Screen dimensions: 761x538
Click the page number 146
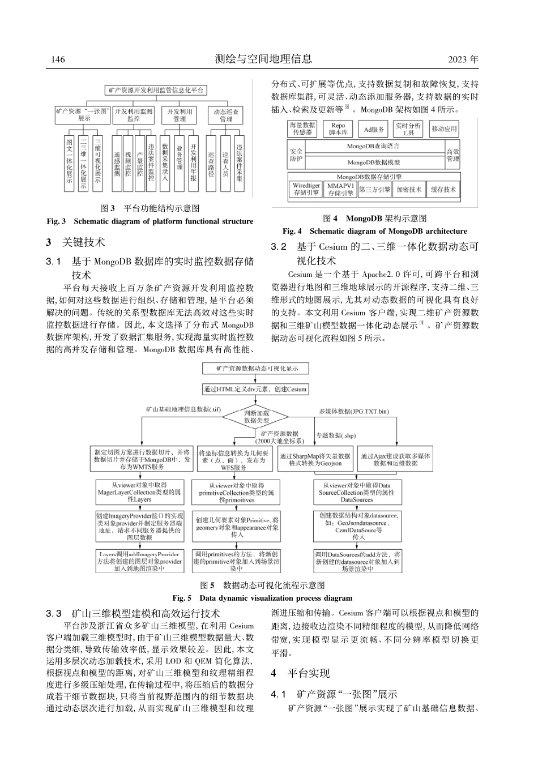[x=58, y=59]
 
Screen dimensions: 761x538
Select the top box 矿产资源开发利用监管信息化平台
[x=156, y=90]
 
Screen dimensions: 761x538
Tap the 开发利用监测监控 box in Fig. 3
[x=133, y=116]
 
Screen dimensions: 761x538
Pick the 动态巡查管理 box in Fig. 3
[x=226, y=116]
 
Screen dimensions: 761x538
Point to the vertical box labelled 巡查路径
[x=211, y=164]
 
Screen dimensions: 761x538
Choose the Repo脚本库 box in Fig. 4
[x=338, y=129]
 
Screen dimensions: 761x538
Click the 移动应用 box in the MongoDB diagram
[x=444, y=129]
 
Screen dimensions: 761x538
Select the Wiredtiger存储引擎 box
[x=306, y=189]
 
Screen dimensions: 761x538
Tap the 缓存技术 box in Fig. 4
[x=443, y=190]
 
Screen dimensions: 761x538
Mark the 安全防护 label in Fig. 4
[x=296, y=155]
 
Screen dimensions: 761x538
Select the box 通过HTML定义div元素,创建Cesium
[x=255, y=390]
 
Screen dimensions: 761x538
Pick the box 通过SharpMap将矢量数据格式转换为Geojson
[x=315, y=460]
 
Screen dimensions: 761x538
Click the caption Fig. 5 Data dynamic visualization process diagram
[x=262, y=598]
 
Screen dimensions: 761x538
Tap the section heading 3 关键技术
[x=76, y=243]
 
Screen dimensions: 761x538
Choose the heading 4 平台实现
[x=300, y=673]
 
